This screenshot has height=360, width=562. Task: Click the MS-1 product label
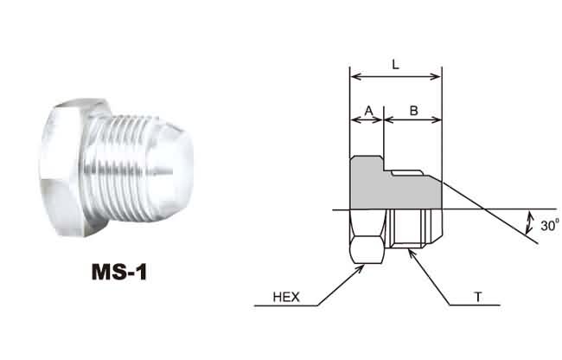(x=119, y=272)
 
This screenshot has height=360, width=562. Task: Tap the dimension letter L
(x=395, y=65)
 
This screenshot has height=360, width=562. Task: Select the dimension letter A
(x=369, y=111)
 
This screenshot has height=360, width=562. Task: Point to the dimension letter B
(x=413, y=111)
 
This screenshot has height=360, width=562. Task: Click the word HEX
(x=286, y=297)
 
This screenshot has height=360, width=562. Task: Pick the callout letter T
(x=478, y=297)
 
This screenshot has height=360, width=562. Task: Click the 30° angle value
(x=550, y=225)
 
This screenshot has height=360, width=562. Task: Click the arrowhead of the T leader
(x=412, y=254)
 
